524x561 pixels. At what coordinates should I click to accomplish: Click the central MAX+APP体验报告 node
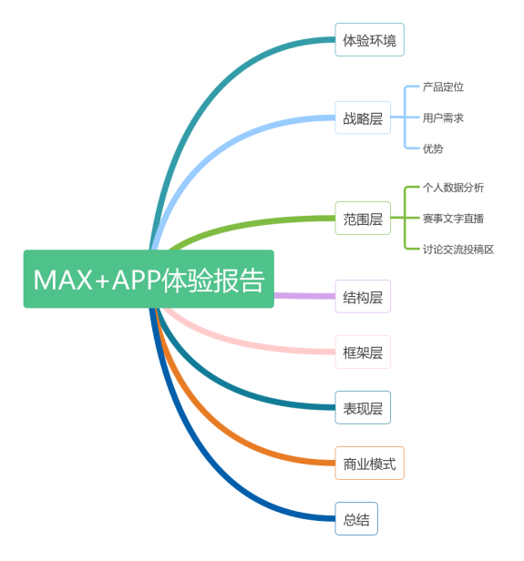click(149, 279)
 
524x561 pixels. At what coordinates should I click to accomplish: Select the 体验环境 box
click(369, 40)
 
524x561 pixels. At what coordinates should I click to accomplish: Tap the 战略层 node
click(363, 117)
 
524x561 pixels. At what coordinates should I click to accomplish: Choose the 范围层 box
click(363, 219)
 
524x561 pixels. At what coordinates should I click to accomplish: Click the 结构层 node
click(363, 297)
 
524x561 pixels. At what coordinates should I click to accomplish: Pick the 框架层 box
click(363, 352)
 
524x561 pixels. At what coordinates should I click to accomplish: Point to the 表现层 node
click(363, 408)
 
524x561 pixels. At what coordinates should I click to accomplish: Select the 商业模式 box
click(369, 464)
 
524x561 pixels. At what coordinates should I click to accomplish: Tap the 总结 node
click(356, 519)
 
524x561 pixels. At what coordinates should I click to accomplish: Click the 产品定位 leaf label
click(443, 87)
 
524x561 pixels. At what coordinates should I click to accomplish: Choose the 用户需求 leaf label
click(443, 117)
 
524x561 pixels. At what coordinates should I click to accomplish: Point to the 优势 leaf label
click(433, 148)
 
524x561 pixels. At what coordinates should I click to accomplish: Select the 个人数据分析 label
click(453, 188)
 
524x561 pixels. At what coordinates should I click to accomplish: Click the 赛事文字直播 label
click(453, 219)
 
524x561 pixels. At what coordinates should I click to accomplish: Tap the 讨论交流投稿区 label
click(458, 250)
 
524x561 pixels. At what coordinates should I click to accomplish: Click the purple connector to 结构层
click(304, 296)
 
